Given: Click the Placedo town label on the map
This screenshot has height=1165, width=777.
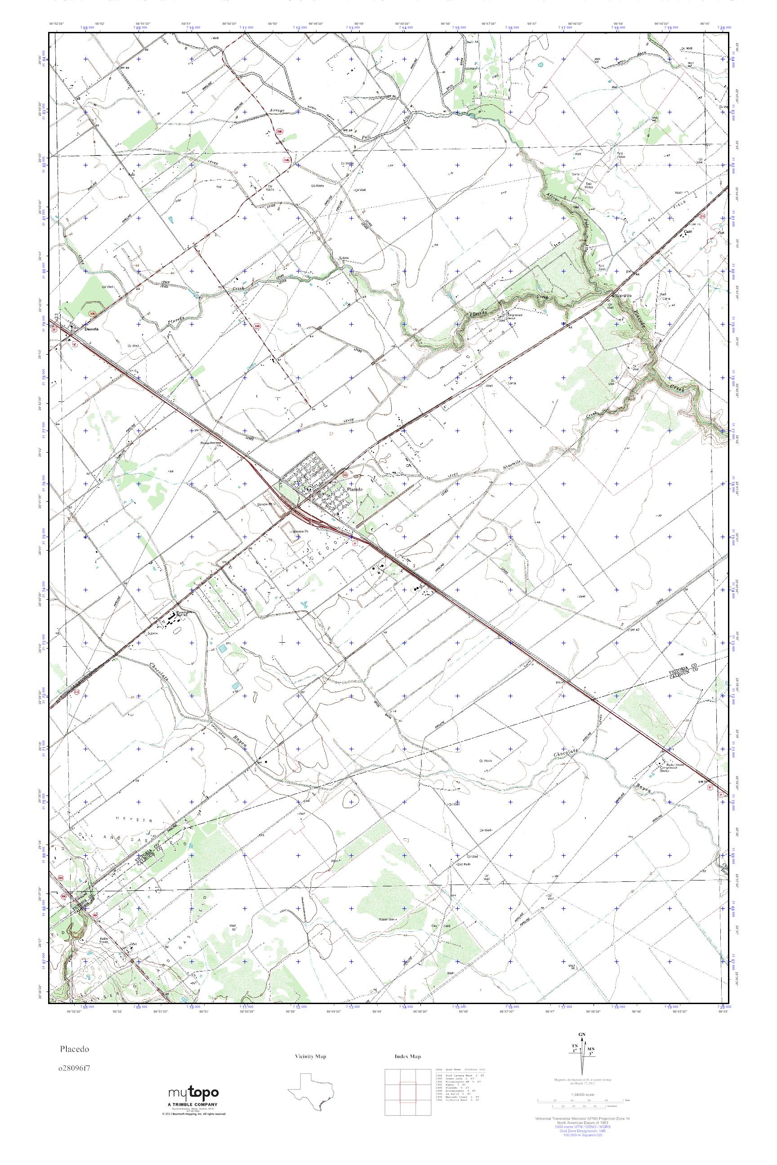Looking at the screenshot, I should point(355,489).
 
